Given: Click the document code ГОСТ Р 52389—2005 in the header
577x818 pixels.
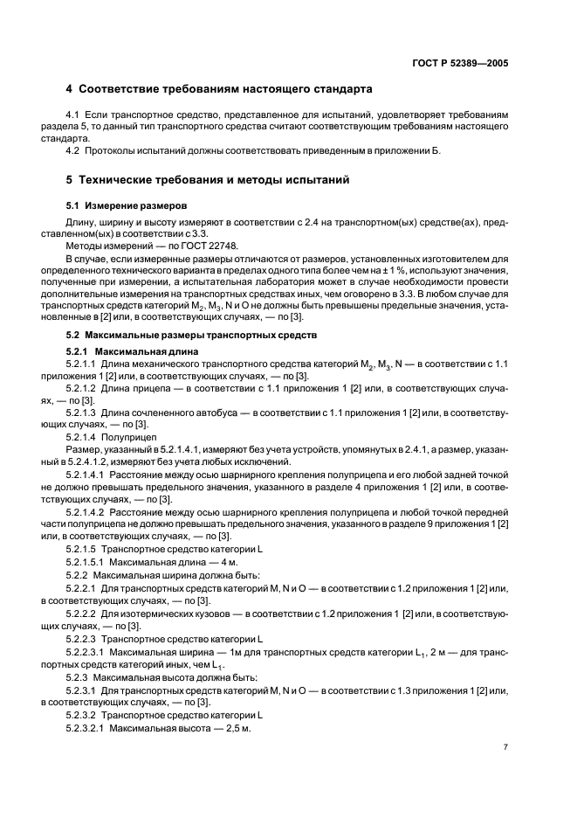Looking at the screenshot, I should click(x=460, y=64).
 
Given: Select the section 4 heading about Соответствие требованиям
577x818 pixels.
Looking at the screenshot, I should click(x=219, y=89).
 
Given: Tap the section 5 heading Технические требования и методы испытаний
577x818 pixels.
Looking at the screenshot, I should click(x=209, y=180).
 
